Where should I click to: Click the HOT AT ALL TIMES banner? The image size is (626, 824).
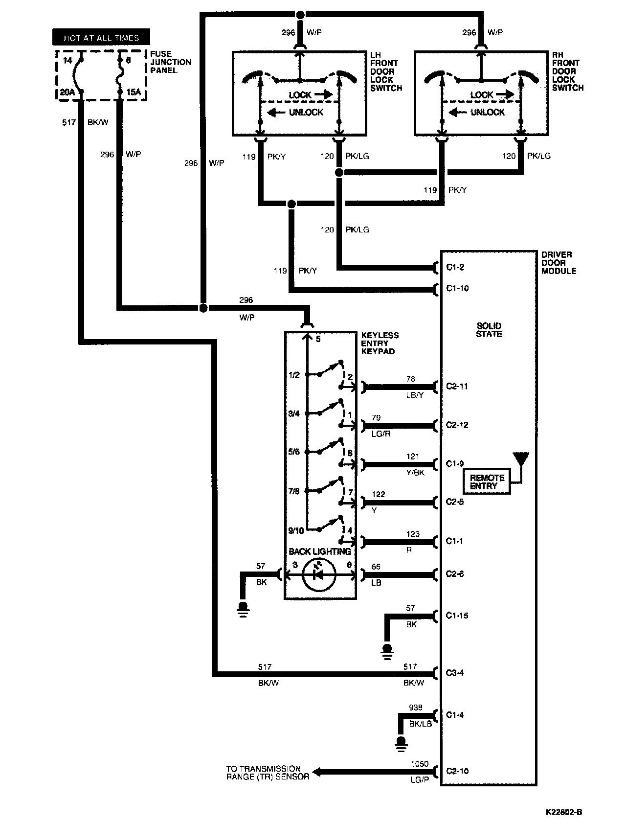click(x=101, y=38)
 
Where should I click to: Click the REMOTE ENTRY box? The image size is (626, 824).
click(x=487, y=481)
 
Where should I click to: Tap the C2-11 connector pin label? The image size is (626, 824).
click(x=457, y=386)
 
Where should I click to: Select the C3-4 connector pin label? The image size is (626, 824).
click(x=455, y=673)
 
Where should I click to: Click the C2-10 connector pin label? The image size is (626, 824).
click(x=457, y=771)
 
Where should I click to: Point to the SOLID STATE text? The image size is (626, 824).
click(x=489, y=330)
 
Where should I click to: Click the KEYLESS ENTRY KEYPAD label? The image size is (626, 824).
click(x=380, y=343)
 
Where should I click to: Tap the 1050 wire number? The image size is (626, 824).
click(x=419, y=764)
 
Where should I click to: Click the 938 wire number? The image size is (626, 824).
click(x=415, y=708)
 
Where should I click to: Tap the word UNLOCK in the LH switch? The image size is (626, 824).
click(x=306, y=112)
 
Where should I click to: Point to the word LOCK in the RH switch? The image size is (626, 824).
click(x=482, y=95)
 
